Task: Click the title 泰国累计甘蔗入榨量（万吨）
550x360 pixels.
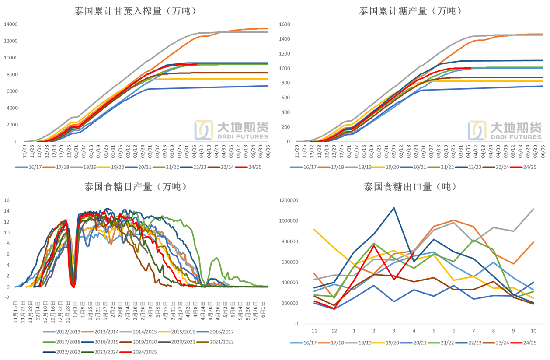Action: (x=135, y=11)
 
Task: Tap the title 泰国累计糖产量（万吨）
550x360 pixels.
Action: (x=410, y=11)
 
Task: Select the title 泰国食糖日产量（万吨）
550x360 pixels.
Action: (x=136, y=187)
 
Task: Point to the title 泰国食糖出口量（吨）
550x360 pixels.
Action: (x=410, y=187)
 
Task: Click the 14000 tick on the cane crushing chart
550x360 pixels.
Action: (x=10, y=24)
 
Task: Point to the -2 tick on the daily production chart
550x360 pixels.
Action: (x=7, y=297)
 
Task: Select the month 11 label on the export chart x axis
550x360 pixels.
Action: (x=314, y=331)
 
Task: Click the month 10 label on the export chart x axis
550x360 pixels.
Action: (x=534, y=331)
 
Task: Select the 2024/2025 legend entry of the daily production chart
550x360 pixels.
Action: (x=143, y=352)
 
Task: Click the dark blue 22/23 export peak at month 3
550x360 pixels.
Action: (x=394, y=208)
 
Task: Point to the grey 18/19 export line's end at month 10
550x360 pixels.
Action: (x=533, y=209)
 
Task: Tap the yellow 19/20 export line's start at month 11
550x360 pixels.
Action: (x=314, y=229)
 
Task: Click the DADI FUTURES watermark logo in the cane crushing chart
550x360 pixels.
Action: (x=232, y=130)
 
